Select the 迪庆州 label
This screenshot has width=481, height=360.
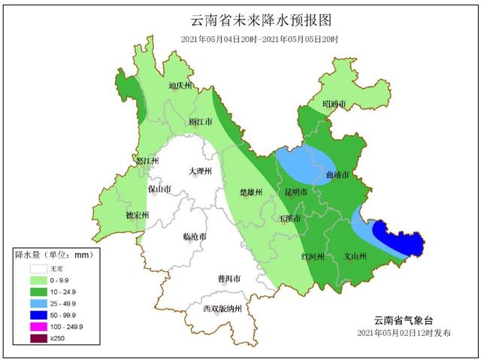[x=181, y=86]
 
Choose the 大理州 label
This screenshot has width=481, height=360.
[x=201, y=171]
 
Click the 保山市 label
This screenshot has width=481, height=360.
[x=160, y=189]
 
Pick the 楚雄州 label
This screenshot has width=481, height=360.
[x=250, y=192]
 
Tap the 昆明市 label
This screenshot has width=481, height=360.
[x=295, y=192]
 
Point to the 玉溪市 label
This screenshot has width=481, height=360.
[x=290, y=219]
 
